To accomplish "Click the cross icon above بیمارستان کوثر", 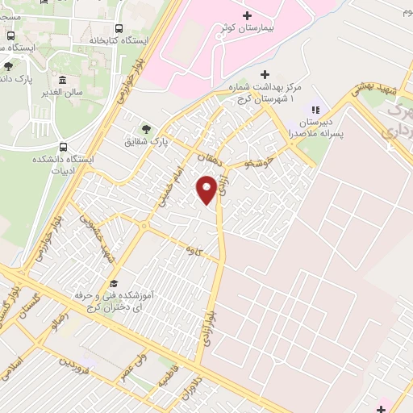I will (x=247, y=15).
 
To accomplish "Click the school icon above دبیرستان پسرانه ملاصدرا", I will (x=315, y=111).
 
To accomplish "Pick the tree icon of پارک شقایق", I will (x=146, y=128).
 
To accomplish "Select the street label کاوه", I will (x=191, y=251).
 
